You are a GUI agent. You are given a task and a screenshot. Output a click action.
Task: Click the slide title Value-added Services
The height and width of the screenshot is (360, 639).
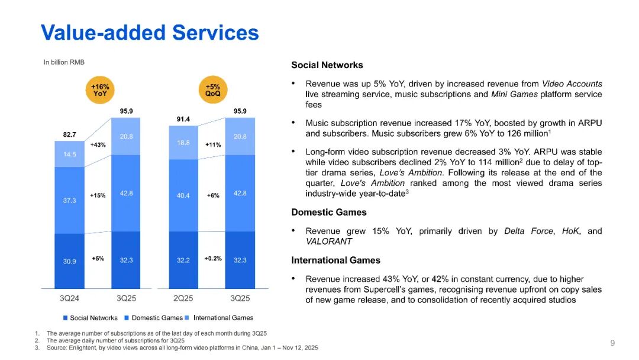pos(150,33)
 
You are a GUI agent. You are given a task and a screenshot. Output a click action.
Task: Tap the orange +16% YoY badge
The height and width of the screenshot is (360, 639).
pos(99,89)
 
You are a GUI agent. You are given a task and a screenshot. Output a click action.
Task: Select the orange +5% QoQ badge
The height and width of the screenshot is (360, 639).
pos(212,89)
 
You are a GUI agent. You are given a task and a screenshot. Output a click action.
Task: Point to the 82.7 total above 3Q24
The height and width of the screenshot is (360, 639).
pos(69,134)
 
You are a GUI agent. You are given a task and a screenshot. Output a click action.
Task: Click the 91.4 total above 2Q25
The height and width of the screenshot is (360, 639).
pos(183,119)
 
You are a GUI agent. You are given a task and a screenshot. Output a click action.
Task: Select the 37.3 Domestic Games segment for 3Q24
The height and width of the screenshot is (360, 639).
pos(69,200)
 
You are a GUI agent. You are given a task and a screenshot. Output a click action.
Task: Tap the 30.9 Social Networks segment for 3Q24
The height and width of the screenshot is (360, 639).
pos(69,261)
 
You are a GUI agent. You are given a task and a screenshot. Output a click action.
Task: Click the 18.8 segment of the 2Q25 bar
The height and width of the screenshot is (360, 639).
pos(183,143)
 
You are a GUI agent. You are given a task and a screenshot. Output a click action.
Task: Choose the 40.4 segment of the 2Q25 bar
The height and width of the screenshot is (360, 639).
pos(183,195)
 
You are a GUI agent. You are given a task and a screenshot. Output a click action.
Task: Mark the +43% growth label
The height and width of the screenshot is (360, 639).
pos(98,145)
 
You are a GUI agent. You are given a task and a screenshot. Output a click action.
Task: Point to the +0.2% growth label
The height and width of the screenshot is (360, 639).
pos(213,259)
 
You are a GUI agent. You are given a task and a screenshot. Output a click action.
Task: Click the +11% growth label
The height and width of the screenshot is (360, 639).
pos(213,144)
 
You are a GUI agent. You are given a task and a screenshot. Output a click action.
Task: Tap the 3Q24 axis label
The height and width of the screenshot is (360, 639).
pos(69,298)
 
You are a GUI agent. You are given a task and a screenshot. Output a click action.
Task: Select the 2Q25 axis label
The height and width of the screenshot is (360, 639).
pos(183,298)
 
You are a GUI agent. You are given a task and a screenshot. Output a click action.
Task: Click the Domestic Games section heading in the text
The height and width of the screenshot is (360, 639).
pos(329,212)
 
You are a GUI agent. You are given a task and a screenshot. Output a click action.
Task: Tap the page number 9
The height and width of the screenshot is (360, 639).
pos(612,343)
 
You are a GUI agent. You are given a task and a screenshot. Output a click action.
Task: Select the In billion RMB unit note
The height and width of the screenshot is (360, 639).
pos(64,62)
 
